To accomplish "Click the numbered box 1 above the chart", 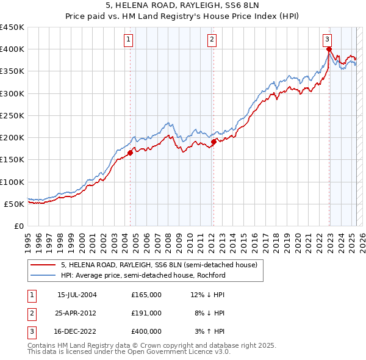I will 129,40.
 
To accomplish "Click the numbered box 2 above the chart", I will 212,40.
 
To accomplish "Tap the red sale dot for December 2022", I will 329,49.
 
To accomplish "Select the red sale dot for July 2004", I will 131,153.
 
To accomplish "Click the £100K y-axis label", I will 12,182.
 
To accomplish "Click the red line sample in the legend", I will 43,265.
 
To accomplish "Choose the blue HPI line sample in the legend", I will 43,275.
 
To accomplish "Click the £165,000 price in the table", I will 146,295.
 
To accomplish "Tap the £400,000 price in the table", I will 146,331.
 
